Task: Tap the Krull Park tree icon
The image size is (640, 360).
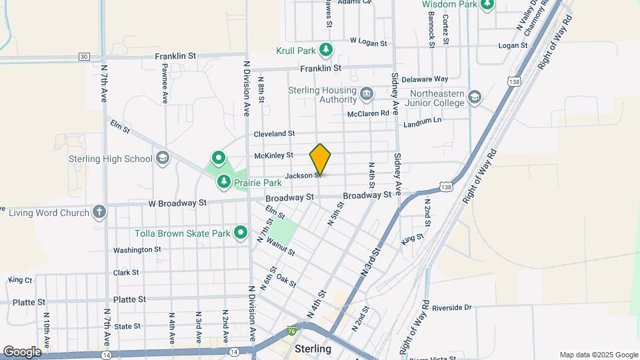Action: pos(325,50)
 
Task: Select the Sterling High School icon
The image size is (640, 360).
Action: pos(162,159)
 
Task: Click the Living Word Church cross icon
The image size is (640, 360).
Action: pos(99,213)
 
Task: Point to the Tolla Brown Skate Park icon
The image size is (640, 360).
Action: pos(241,233)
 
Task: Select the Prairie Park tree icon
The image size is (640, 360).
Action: pos(224,182)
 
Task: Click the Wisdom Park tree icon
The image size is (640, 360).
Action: pos(487,5)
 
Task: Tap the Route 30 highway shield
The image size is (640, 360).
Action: pos(84,57)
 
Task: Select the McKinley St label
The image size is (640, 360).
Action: pos(273,155)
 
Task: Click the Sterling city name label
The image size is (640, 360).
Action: pos(313,349)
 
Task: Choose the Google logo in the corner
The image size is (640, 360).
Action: pos(22,351)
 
